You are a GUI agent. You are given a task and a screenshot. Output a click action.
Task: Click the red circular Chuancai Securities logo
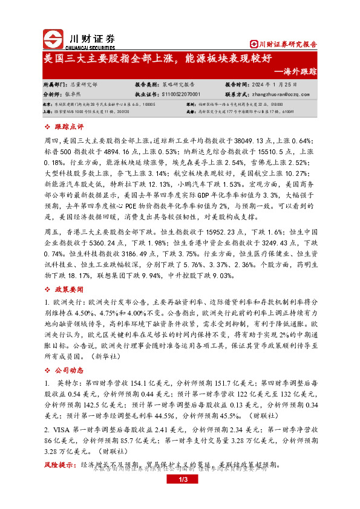pos(53,38)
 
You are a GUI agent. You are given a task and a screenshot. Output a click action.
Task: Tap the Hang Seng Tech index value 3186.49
pos(129,255)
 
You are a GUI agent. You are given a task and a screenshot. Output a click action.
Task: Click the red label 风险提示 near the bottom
pos(58,465)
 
